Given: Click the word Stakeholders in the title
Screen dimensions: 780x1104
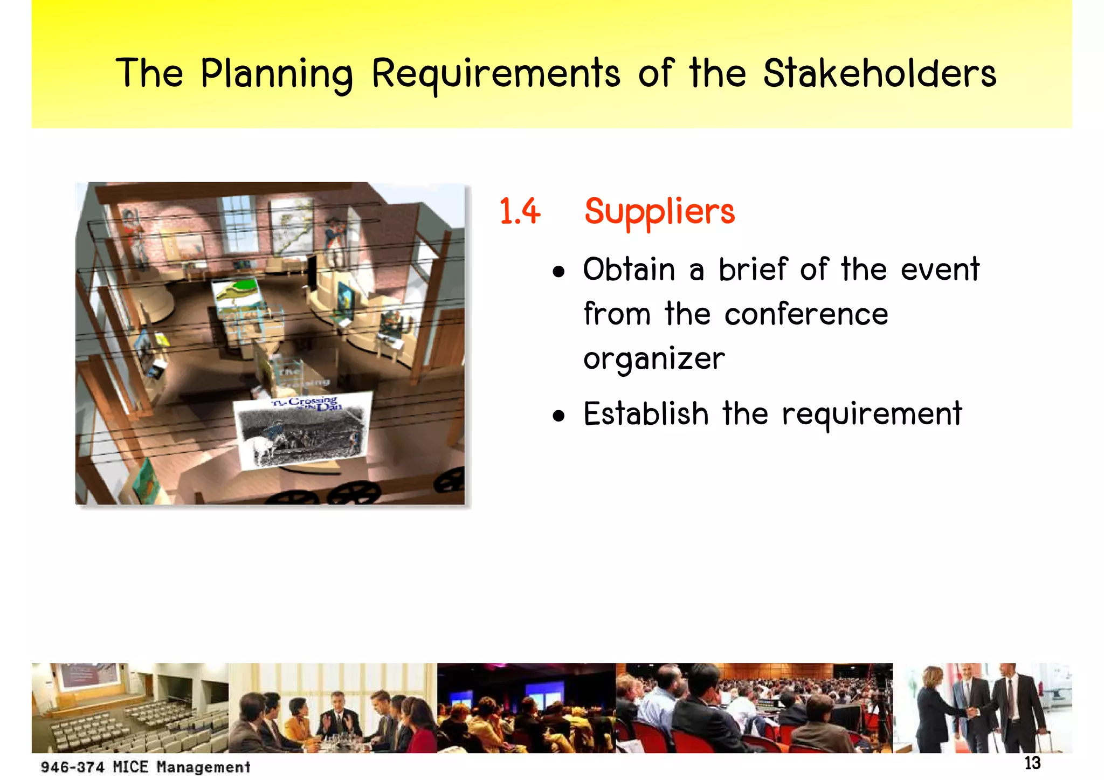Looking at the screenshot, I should point(880,74).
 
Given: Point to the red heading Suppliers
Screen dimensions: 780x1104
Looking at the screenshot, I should point(659,212).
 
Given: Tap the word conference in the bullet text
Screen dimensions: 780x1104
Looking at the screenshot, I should point(806,314).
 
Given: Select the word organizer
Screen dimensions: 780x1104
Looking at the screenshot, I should point(654,360).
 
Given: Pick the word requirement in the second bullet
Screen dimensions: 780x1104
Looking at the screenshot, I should point(872,415).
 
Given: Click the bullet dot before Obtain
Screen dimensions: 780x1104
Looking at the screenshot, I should point(559,272).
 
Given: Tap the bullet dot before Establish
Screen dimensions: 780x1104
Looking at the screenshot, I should point(559,416).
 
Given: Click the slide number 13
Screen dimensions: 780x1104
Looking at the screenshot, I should point(1032,763).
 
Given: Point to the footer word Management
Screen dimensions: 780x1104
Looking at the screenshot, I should point(204,767).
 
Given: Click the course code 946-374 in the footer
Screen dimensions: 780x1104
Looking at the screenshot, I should point(72,767).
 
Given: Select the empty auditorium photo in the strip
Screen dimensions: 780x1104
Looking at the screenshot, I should point(129,708).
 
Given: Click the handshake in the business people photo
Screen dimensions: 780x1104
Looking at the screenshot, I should point(972,712).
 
